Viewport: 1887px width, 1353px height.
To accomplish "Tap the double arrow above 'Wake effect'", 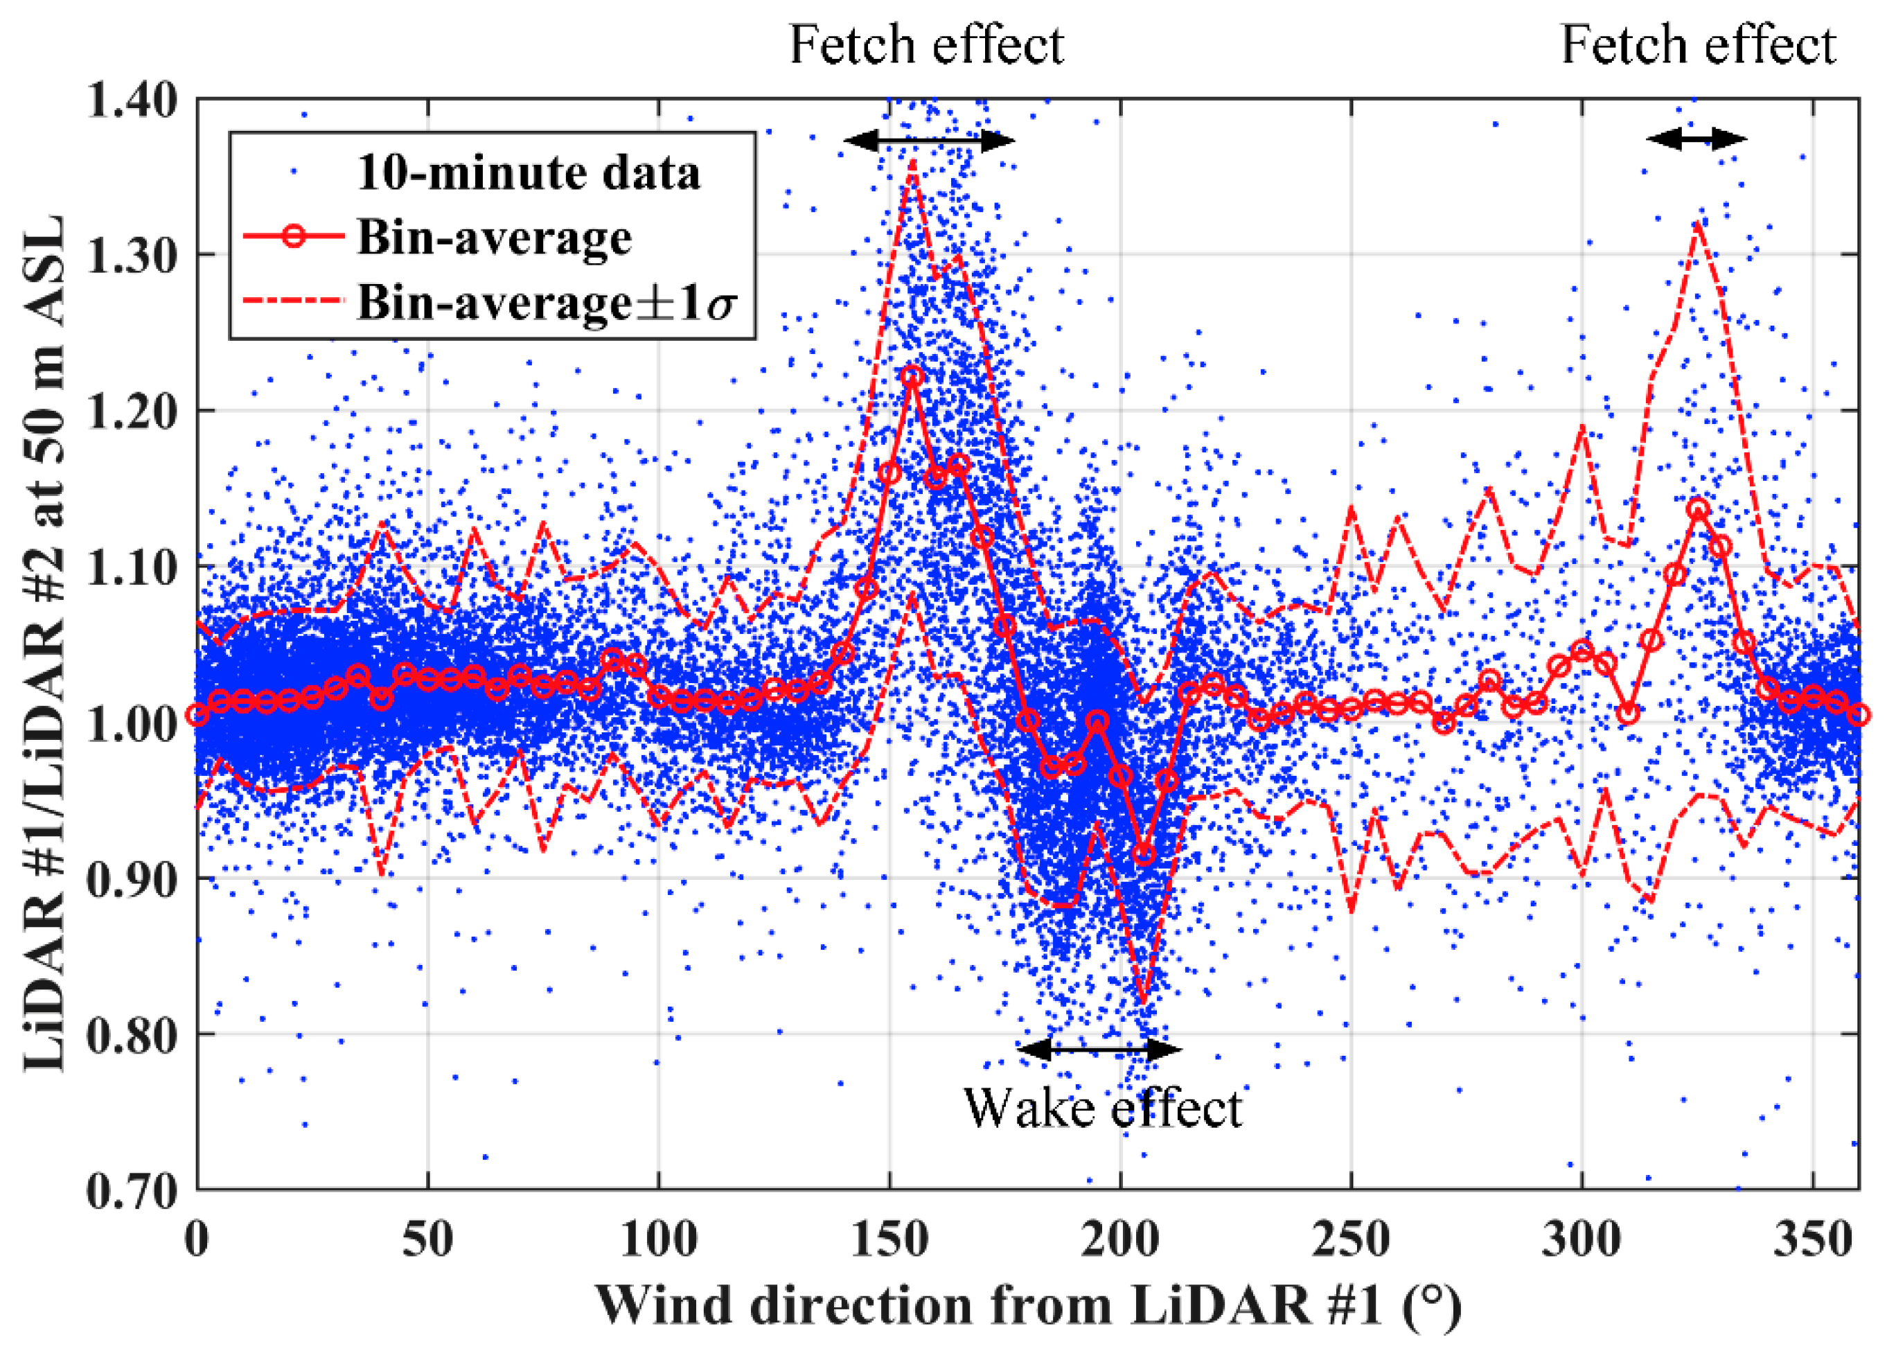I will [1098, 1050].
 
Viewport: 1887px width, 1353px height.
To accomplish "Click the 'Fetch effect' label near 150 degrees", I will [926, 45].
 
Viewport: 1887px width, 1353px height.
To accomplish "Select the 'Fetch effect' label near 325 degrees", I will [1697, 45].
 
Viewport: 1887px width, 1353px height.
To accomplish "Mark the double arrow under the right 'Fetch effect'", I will [1696, 139].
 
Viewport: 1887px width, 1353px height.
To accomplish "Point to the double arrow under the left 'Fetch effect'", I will [930, 141].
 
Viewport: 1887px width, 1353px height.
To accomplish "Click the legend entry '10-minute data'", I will [529, 173].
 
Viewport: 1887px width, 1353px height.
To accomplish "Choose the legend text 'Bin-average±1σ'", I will [547, 301].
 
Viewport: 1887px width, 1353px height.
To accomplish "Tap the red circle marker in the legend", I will [292, 237].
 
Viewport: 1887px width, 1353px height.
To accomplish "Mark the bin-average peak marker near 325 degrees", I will [1698, 509].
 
